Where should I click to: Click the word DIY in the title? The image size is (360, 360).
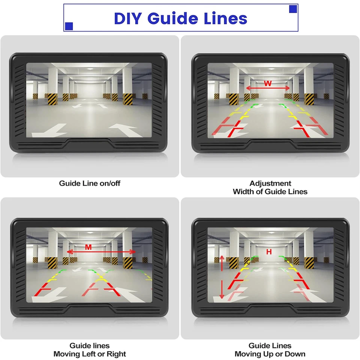(128, 18)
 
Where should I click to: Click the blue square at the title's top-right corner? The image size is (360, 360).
(293, 9)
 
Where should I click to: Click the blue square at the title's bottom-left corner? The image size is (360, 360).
(69, 26)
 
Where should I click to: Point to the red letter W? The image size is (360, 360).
(267, 83)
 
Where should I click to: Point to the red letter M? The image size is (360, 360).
(88, 247)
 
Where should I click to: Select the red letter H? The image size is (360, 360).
(269, 252)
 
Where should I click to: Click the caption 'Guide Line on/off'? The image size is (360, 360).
(90, 183)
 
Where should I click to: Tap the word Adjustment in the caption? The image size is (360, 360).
(270, 183)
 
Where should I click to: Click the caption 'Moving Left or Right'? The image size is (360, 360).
(90, 354)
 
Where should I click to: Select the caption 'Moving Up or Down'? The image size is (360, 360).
(270, 354)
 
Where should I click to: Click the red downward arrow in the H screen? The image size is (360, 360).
(222, 289)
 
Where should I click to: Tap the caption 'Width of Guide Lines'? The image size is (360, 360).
(270, 192)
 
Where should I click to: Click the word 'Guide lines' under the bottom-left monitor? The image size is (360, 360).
(90, 345)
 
